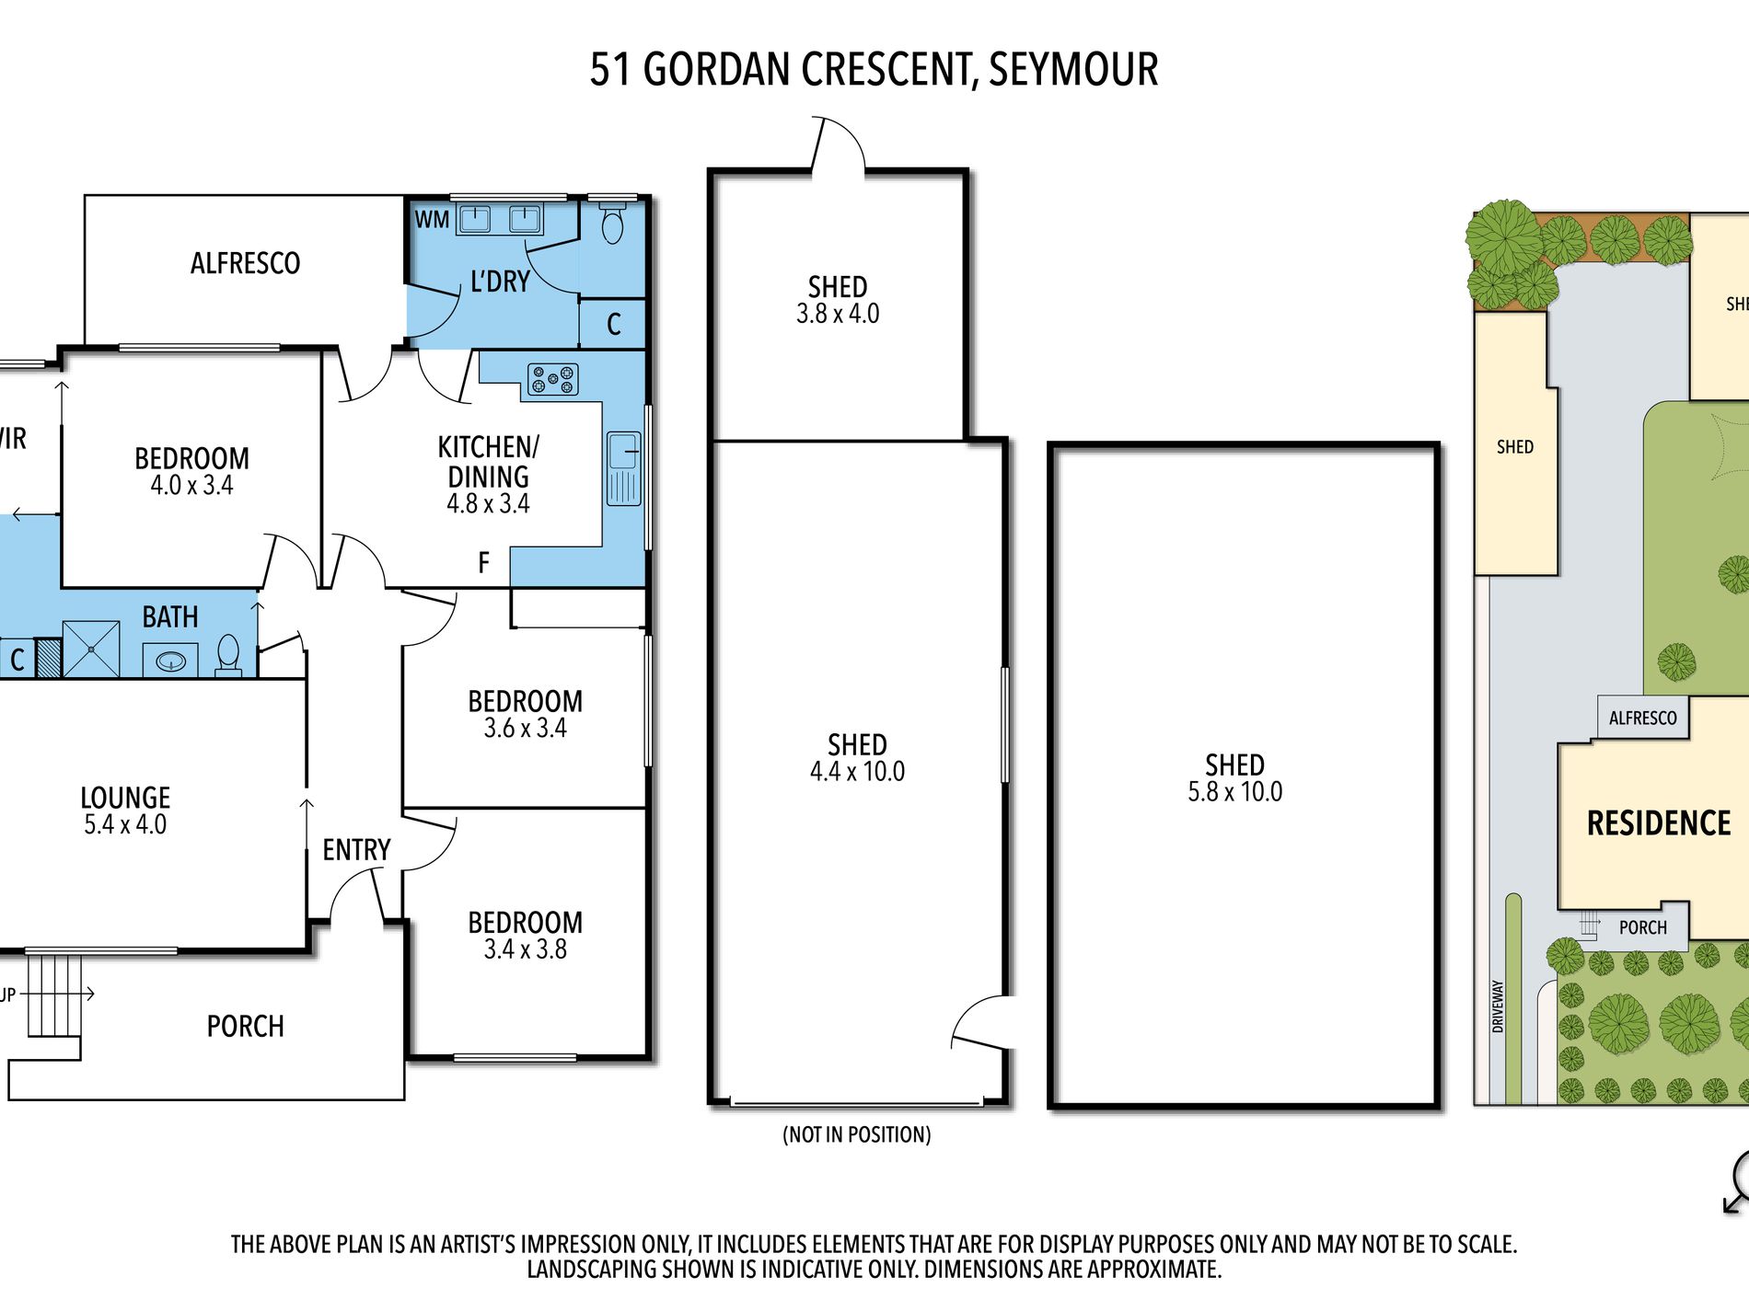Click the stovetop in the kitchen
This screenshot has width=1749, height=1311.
coord(552,379)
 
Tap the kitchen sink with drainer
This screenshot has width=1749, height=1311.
coord(623,468)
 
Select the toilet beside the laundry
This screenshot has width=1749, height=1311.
coord(612,224)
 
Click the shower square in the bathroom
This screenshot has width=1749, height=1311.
coord(91,650)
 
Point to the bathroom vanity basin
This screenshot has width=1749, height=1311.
coord(170,661)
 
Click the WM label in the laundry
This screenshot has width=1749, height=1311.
coord(432,220)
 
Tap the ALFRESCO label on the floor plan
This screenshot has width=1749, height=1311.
coord(245,264)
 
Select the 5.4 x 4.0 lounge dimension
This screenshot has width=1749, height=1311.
coord(125,824)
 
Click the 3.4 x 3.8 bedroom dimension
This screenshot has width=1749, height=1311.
coord(525,949)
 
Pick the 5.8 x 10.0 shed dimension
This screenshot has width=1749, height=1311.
coord(1234,792)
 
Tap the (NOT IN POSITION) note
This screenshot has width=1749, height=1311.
coord(856,1134)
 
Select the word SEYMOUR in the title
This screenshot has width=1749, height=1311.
coord(1073,70)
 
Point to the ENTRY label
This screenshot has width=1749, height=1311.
coord(356,850)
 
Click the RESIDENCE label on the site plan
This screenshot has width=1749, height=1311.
coord(1659,823)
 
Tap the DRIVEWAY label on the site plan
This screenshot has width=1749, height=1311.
coord(1498,1006)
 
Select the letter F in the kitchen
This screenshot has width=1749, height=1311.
coord(483,562)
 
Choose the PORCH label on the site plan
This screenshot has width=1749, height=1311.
coord(1642,927)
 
